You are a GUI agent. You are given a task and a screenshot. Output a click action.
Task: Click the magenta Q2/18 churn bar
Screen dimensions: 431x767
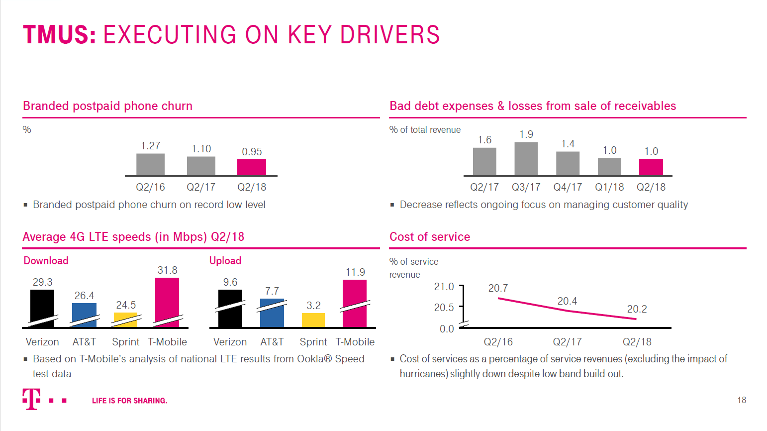[x=251, y=167]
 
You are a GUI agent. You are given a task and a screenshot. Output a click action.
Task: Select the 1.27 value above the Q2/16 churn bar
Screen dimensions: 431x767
[x=150, y=146]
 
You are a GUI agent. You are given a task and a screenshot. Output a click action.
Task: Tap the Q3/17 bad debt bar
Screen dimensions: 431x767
[x=526, y=159]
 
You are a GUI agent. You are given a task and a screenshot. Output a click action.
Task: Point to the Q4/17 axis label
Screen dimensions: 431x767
[x=568, y=187]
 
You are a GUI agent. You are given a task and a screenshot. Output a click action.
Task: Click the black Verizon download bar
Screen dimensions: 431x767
[x=42, y=308]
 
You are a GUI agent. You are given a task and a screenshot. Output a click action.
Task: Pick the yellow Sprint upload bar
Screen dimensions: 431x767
[x=313, y=320]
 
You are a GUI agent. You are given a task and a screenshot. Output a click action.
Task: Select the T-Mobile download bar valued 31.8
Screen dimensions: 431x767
[x=167, y=302]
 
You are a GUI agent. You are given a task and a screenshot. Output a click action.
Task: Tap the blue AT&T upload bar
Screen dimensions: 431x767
[x=272, y=313]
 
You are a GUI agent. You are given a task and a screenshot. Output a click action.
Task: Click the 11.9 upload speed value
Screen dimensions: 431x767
[x=355, y=272]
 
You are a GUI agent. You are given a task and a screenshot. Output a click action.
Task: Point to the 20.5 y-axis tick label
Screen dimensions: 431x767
[x=444, y=308]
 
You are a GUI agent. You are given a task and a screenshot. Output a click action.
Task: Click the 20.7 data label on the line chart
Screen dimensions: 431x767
[x=498, y=288]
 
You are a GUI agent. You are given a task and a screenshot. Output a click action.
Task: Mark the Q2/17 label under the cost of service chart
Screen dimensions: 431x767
[x=567, y=342]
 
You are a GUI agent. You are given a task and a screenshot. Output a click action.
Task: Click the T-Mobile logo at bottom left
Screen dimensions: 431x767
[x=32, y=399]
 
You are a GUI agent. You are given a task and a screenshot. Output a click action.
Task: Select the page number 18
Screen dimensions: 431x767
[x=742, y=400]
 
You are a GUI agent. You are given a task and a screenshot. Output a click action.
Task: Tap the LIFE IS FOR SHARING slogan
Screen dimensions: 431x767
[x=129, y=401]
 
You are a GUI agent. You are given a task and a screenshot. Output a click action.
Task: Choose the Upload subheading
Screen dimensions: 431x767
[x=225, y=261]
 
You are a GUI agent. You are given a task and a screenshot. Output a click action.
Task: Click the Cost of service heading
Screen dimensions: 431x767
[x=430, y=237]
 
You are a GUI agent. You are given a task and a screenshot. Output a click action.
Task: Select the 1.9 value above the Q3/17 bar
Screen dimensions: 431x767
[x=526, y=134]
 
